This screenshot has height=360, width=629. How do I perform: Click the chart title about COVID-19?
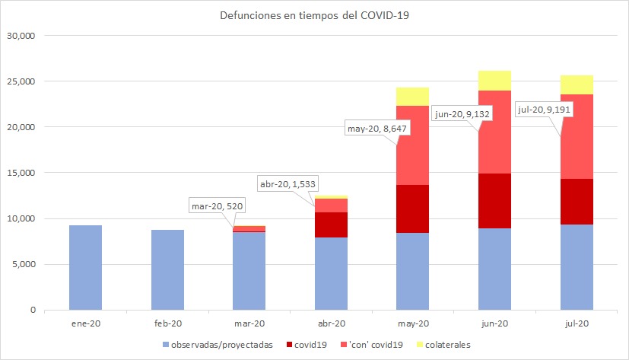(314, 15)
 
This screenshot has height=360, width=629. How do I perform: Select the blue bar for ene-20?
(85, 267)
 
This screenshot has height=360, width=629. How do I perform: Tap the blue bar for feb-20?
(167, 269)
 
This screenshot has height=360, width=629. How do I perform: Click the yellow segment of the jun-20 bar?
(495, 80)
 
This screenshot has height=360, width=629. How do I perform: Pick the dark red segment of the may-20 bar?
(413, 209)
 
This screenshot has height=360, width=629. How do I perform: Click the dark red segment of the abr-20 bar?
(331, 225)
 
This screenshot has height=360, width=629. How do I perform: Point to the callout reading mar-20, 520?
(218, 206)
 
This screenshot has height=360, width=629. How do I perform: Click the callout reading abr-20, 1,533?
(289, 183)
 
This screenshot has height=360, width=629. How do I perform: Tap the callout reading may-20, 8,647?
(378, 128)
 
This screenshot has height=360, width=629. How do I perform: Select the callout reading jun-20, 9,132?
(461, 113)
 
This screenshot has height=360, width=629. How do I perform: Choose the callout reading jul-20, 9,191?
(544, 108)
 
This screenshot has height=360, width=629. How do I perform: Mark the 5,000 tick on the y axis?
(25, 264)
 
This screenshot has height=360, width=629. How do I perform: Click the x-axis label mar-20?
(249, 323)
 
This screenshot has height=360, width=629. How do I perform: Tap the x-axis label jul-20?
(577, 323)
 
